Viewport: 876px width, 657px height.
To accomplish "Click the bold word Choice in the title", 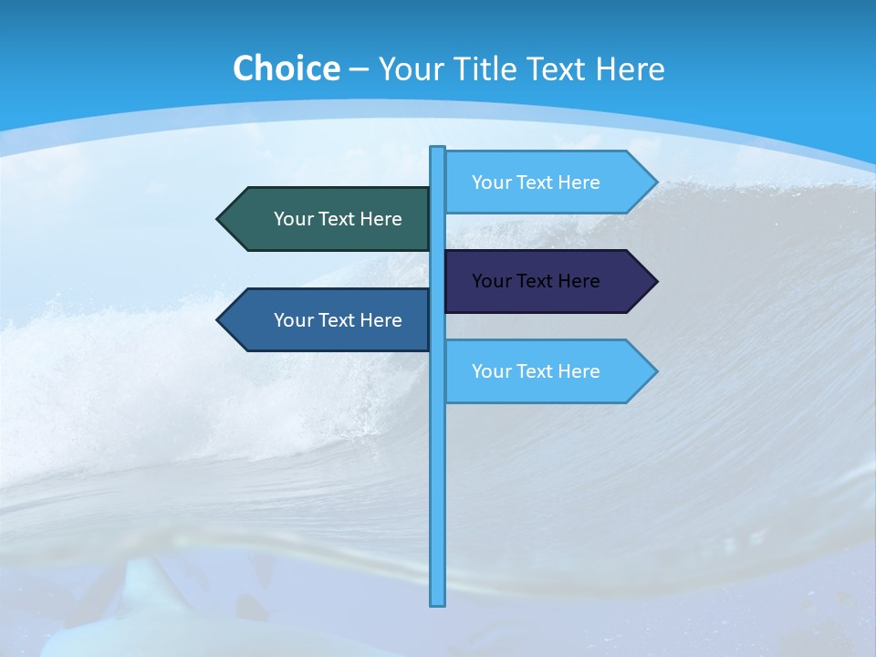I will click(286, 68).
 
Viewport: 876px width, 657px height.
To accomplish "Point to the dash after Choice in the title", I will click(359, 69).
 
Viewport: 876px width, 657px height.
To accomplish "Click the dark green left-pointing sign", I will click(328, 219).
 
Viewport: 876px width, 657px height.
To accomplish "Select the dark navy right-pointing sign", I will click(547, 281).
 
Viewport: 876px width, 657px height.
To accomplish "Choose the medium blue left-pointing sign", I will click(328, 320).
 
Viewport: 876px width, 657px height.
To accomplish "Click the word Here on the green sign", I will click(381, 219).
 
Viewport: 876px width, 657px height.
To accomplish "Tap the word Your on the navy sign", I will click(491, 281).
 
